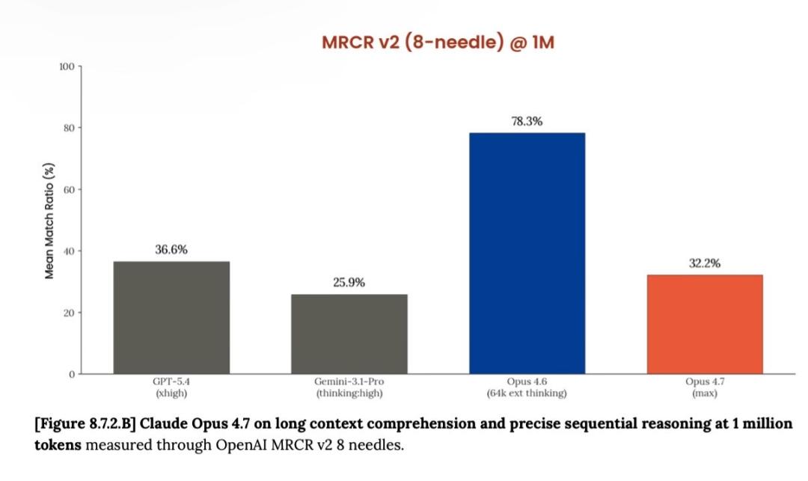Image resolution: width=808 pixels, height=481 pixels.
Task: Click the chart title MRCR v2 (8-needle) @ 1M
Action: tap(438, 43)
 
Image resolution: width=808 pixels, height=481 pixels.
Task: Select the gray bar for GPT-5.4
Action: tap(171, 317)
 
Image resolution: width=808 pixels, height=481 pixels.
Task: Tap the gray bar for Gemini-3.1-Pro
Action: tap(349, 334)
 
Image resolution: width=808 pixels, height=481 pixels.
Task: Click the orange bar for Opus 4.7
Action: tap(705, 324)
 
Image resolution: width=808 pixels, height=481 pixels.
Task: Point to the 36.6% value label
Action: tap(171, 250)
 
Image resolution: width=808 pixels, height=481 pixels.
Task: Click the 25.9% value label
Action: tap(349, 283)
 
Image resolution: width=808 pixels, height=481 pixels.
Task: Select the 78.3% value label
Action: tap(527, 121)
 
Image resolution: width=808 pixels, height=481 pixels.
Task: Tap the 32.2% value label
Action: tap(705, 263)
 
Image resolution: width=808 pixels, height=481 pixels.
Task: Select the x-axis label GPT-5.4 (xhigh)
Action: tap(171, 387)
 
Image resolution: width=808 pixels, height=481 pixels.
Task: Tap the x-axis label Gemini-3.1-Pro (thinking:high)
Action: tap(349, 387)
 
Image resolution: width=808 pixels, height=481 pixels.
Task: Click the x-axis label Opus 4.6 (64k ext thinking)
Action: tap(527, 387)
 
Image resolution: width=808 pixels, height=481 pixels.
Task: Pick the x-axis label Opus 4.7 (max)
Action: tap(705, 387)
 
